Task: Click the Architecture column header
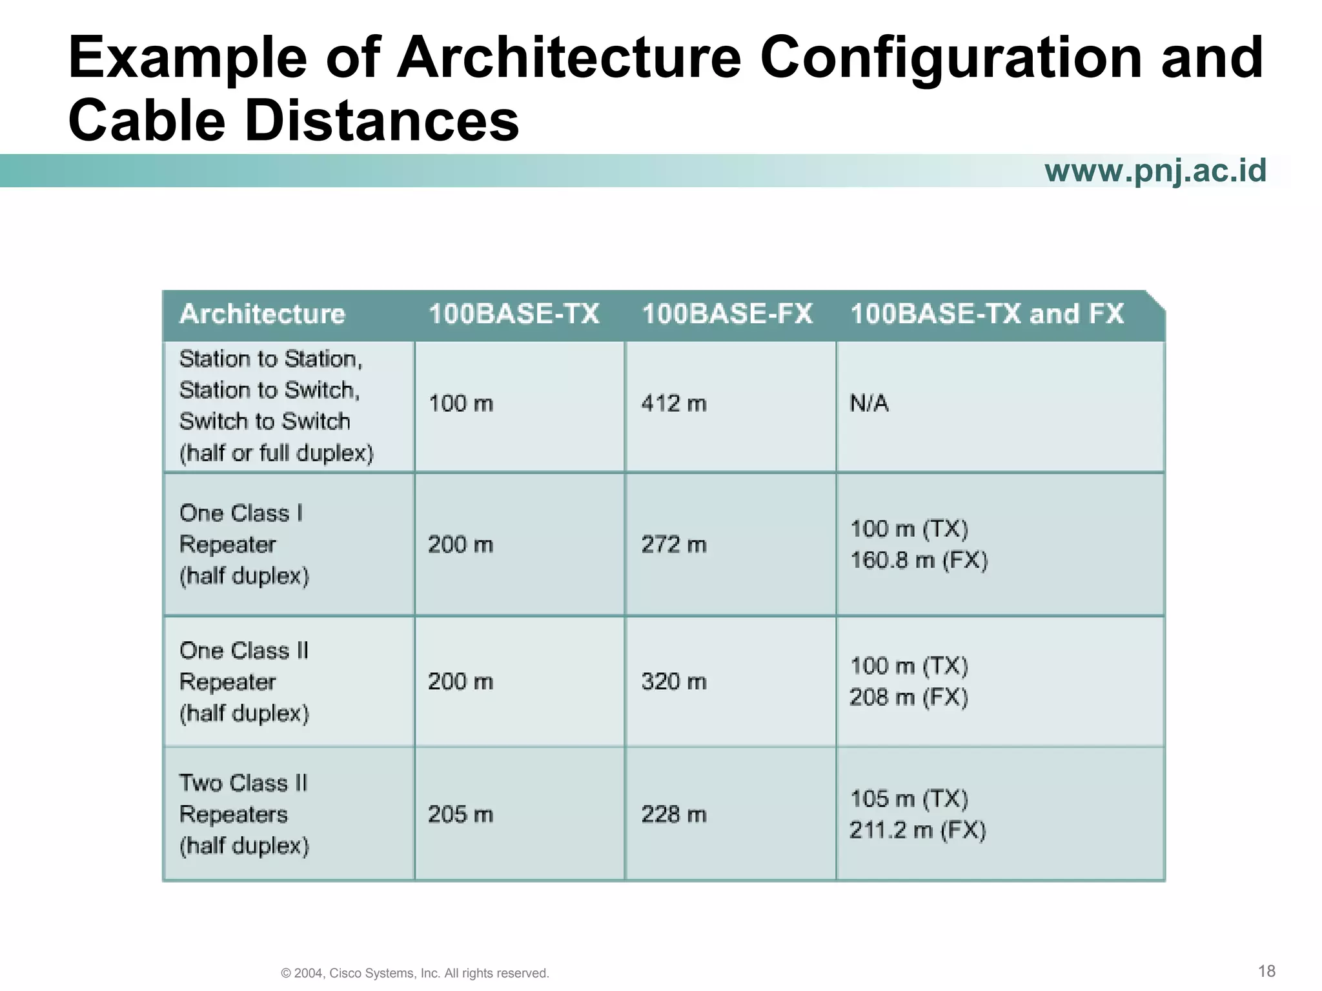coord(262,314)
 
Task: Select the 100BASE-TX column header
coord(514,314)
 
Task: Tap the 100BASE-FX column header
coord(727,314)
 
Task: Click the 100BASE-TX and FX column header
coord(987,314)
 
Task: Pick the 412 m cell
coord(674,404)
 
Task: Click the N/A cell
coord(869,404)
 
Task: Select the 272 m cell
coord(674,545)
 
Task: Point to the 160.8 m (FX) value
coord(919,560)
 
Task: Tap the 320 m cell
coord(674,682)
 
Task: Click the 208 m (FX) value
coord(909,697)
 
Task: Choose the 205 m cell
coord(460,814)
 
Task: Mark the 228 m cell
coord(674,814)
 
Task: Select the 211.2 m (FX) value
coord(918,830)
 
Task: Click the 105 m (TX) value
coord(909,799)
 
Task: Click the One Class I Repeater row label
coord(244,545)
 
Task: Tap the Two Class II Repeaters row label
coord(244,814)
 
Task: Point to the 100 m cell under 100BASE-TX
coord(460,404)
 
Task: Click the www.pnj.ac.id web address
coord(1155,171)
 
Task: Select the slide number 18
coord(1266,971)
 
